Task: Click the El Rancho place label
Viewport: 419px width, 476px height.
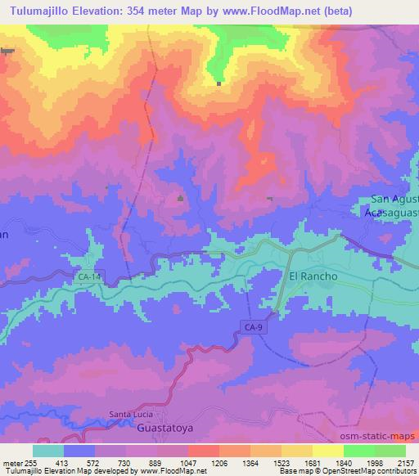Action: (313, 276)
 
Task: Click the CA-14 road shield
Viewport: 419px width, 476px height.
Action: (91, 279)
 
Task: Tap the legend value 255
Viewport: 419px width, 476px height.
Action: (33, 462)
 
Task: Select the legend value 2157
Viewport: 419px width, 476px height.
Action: (406, 462)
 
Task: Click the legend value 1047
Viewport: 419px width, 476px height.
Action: (188, 462)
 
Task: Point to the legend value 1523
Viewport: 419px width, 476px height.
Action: (281, 462)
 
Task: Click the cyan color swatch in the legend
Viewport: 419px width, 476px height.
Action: (48, 451)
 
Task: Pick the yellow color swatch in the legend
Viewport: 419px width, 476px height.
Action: (327, 451)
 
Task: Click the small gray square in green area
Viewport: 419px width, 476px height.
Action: (219, 83)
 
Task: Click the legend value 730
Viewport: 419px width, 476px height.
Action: (126, 462)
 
